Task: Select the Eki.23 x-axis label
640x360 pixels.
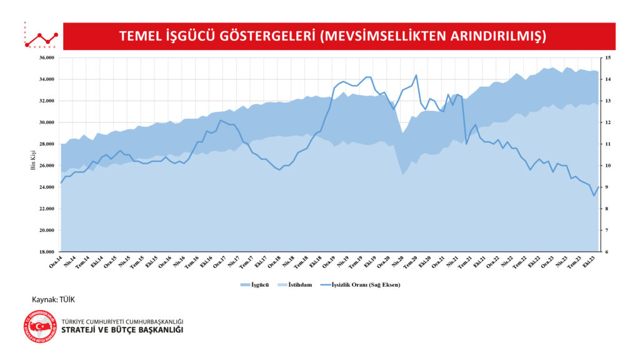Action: [587, 261]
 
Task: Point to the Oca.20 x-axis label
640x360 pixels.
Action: [384, 261]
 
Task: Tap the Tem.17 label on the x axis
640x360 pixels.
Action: [247, 261]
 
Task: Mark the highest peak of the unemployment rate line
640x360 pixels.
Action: [416, 75]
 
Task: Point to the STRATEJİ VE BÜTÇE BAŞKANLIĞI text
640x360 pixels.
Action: [122, 330]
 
